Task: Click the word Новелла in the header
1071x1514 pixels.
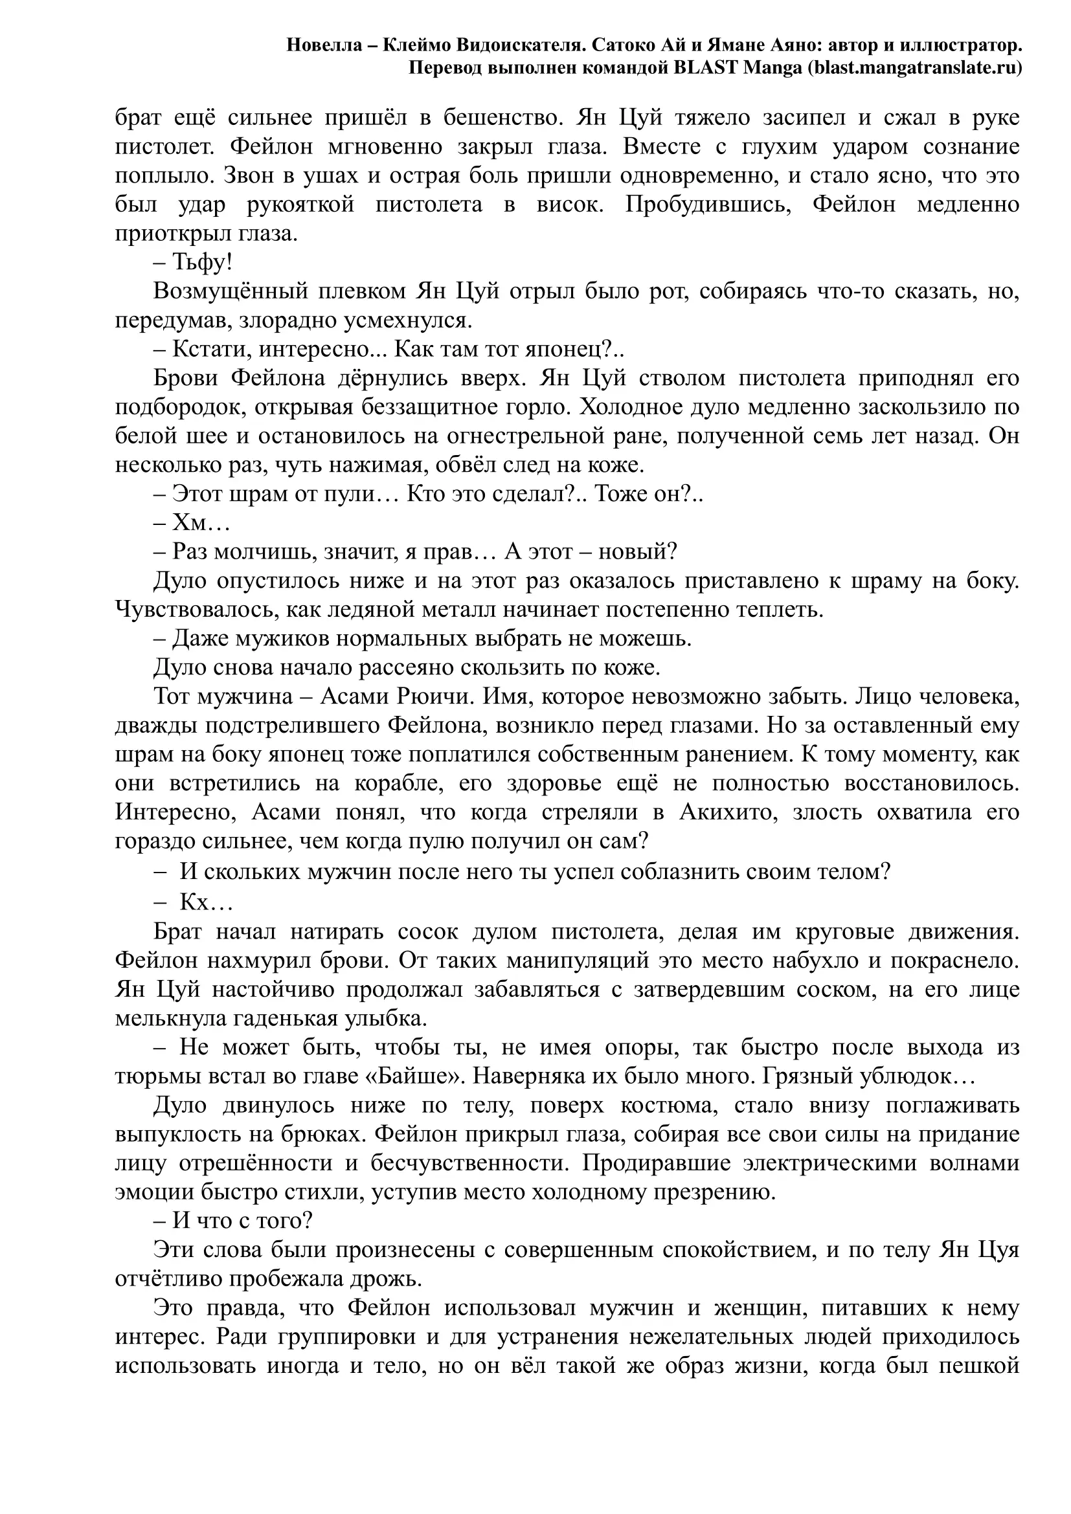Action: (x=324, y=45)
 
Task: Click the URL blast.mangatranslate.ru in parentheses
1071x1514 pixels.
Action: (x=916, y=67)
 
